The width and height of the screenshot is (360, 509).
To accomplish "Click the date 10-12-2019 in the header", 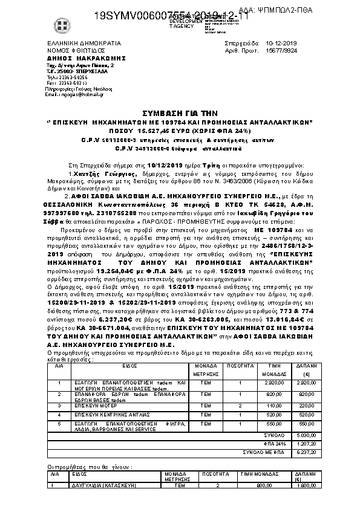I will (282, 44).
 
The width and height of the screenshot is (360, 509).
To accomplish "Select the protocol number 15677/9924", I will (282, 51).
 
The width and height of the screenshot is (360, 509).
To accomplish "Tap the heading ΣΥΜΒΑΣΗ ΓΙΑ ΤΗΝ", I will (179, 112).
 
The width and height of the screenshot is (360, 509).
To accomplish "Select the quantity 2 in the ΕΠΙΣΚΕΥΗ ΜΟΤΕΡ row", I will (240, 405).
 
